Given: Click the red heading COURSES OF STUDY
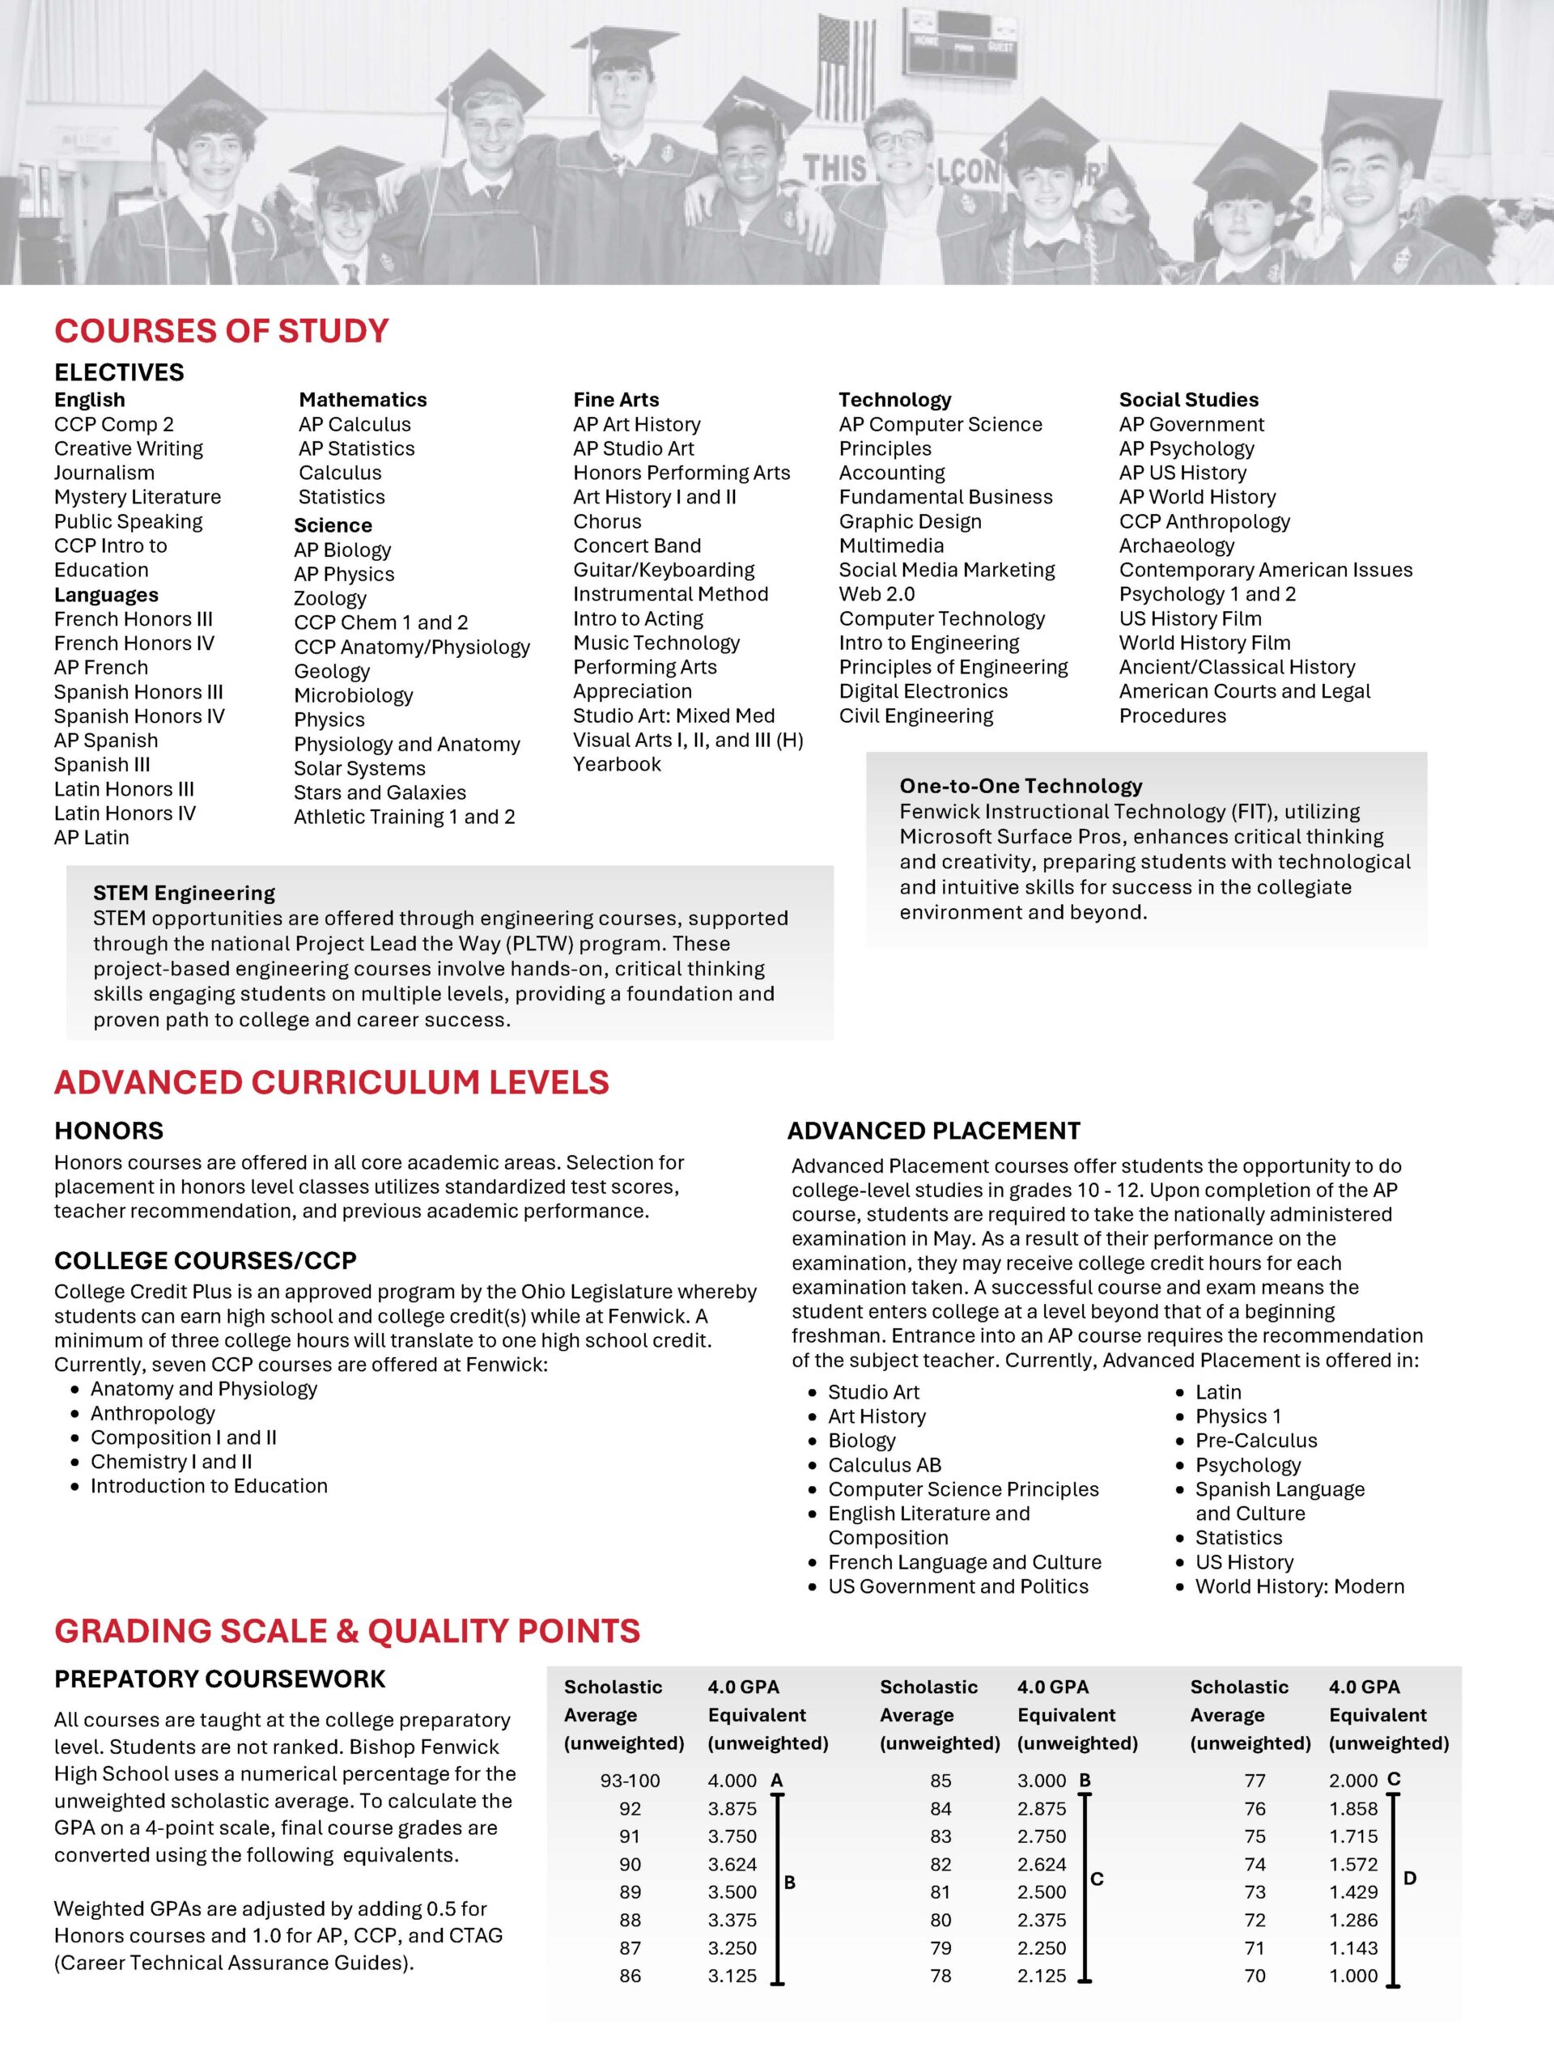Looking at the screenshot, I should click(x=221, y=332).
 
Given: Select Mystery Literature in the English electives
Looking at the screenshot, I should click(x=137, y=498).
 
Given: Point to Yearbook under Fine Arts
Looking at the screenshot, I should click(x=617, y=764).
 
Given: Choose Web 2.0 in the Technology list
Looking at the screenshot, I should click(x=876, y=594).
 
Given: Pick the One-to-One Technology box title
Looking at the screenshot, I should click(x=1020, y=786).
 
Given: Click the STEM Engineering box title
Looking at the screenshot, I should click(x=184, y=893).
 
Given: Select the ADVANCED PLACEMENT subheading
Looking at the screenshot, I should click(x=933, y=1131).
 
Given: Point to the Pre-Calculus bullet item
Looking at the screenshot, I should click(x=1255, y=1441).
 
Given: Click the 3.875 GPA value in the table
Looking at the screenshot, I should click(x=732, y=1809).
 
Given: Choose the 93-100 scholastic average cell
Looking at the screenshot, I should click(x=630, y=1781).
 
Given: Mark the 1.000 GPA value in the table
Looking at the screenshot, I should click(x=1352, y=1976).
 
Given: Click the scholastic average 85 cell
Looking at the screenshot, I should click(x=940, y=1781).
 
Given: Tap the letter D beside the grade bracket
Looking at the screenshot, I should click(x=1410, y=1878).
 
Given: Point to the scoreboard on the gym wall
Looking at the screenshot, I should click(x=962, y=43).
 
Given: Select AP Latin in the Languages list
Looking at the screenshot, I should click(x=91, y=838).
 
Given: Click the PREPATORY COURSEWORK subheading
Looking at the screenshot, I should click(x=219, y=1679).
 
